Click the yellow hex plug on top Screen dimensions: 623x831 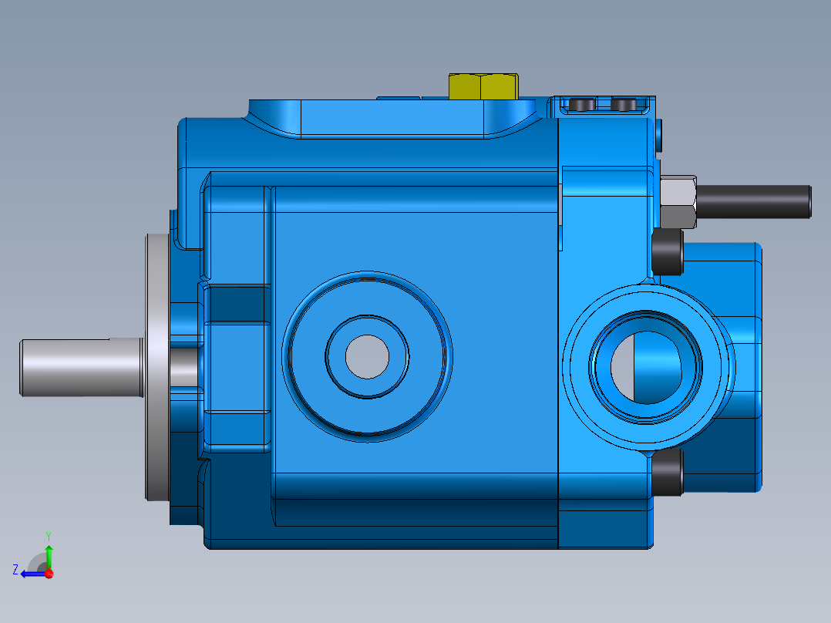pyautogui.click(x=483, y=86)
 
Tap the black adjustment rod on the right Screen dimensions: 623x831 pyautogui.click(x=755, y=201)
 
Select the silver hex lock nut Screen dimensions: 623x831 pyautogui.click(x=679, y=202)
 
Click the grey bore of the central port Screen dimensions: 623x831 pyautogui.click(x=367, y=356)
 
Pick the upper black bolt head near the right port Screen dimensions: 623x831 pyautogui.click(x=668, y=252)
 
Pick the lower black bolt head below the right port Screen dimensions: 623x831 pyautogui.click(x=668, y=472)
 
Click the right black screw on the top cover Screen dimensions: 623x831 pyautogui.click(x=624, y=104)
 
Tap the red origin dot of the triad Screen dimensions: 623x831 pyautogui.click(x=49, y=574)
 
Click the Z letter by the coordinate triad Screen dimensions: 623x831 pyautogui.click(x=15, y=570)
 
